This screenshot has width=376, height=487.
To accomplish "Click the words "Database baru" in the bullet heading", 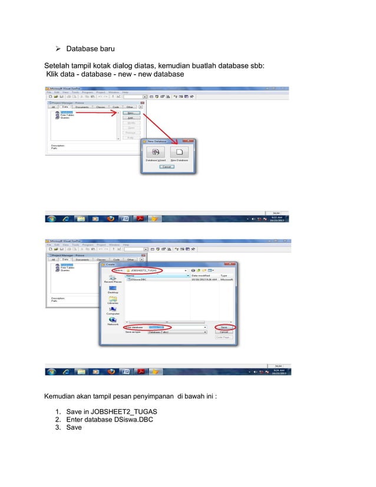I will (90, 48).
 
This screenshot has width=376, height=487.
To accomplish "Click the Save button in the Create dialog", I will (224, 327).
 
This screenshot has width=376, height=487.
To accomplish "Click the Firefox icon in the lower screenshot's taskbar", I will (110, 373).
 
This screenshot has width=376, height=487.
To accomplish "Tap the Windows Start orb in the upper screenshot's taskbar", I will (52, 219).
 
